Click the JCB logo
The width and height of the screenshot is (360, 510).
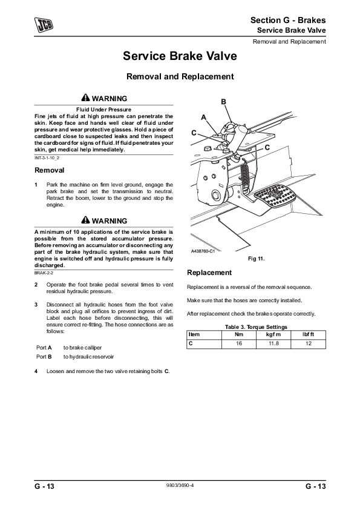[44, 25]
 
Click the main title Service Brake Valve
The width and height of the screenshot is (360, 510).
[180, 56]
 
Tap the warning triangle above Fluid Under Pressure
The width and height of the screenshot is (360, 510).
[85, 98]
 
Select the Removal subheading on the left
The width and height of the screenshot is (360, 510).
[50, 170]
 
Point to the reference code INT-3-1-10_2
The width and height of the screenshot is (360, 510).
[47, 158]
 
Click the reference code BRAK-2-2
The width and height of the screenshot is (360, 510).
[44, 273]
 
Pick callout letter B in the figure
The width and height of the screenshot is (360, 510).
[223, 102]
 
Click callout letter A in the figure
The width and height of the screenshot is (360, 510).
[204, 118]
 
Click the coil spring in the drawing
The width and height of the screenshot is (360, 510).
[244, 177]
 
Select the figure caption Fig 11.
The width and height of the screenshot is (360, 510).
[257, 259]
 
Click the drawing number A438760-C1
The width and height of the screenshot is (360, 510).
[203, 251]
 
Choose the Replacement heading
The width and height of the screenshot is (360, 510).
[209, 273]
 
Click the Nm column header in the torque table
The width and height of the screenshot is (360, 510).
[239, 334]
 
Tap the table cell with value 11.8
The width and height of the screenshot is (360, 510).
[273, 343]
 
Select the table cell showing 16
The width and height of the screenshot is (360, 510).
[239, 343]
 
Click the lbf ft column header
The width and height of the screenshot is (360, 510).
[309, 334]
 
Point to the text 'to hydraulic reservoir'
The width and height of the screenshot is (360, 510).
[88, 357]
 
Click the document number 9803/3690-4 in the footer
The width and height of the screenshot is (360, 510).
[180, 486]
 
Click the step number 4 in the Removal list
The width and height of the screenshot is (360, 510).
[36, 371]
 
